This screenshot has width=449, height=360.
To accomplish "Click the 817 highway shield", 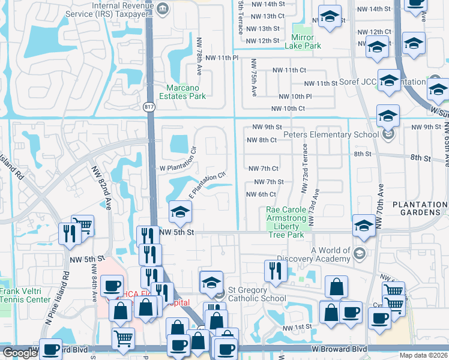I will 149,107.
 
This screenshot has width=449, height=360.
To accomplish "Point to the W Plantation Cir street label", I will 176,168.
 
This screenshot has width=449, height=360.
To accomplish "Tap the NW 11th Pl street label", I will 222,58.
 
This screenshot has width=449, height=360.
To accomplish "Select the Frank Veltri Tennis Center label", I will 25,295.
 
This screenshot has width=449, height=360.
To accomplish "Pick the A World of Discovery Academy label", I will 330,254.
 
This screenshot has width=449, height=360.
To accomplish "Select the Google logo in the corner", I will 19,353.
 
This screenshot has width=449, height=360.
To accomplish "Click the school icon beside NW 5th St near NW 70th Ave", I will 364,226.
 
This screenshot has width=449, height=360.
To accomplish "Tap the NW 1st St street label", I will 298,327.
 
